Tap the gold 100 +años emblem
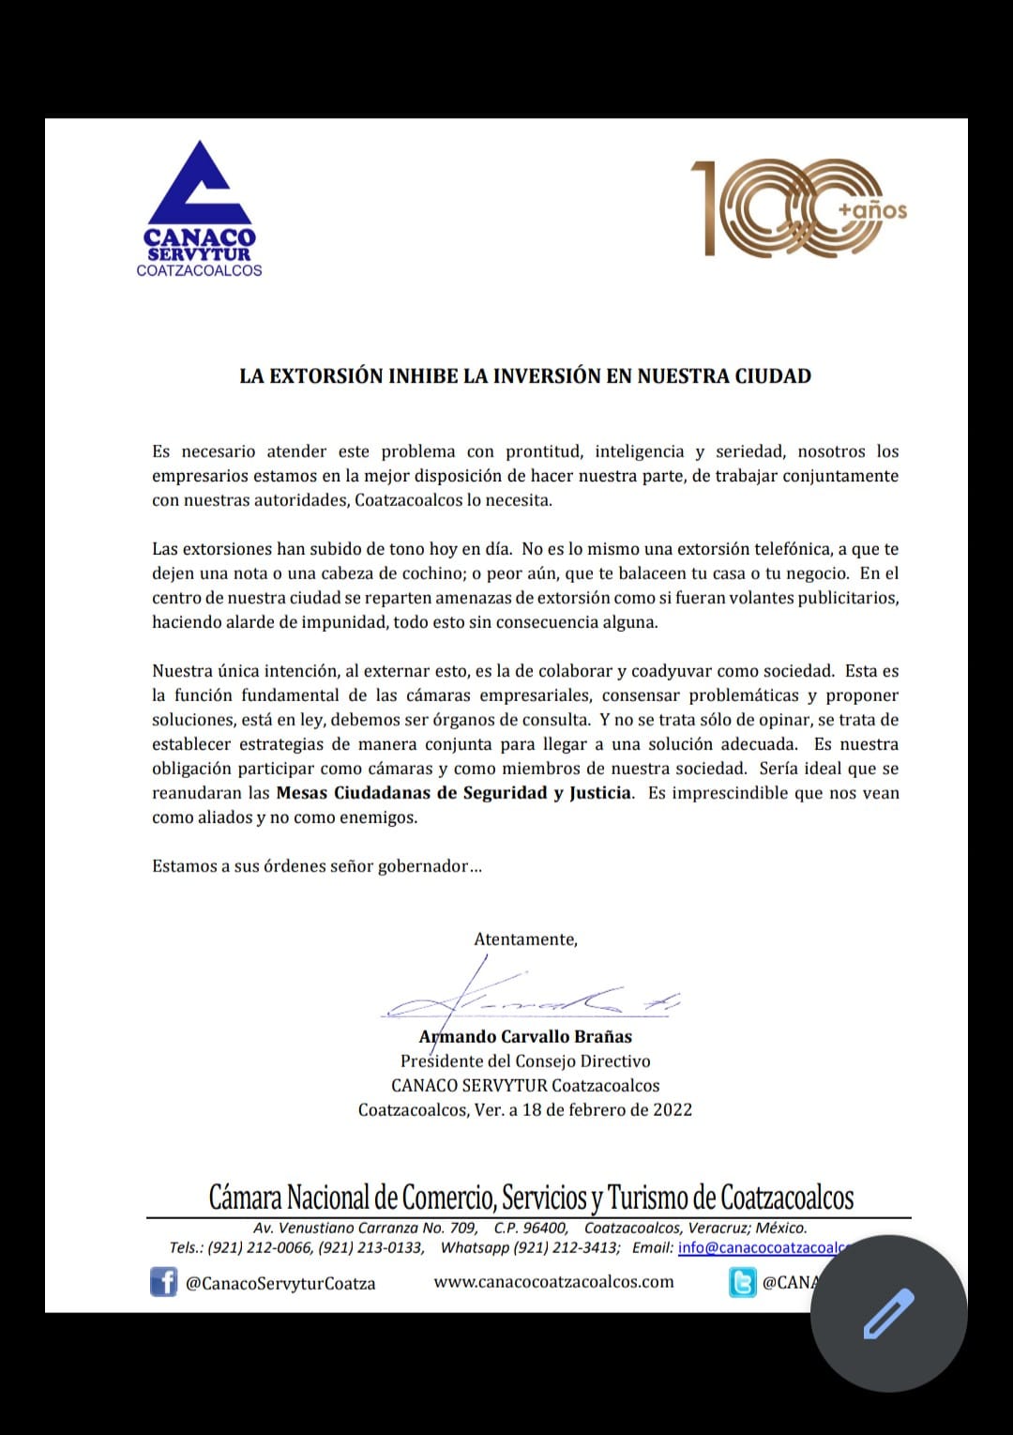pyautogui.click(x=797, y=208)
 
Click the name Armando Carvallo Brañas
pyautogui.click(x=525, y=1036)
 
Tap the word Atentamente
pyautogui.click(x=525, y=939)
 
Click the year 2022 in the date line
pyautogui.click(x=673, y=1109)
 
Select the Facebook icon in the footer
pyautogui.click(x=164, y=1282)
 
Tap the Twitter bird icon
pyautogui.click(x=742, y=1282)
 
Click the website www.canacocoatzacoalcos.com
pyautogui.click(x=553, y=1282)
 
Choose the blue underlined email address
pyautogui.click(x=761, y=1248)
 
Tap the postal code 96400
pyautogui.click(x=545, y=1228)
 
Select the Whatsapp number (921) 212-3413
pyautogui.click(x=567, y=1248)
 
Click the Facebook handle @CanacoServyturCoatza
pyautogui.click(x=280, y=1283)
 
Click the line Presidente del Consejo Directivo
pyautogui.click(x=525, y=1061)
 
